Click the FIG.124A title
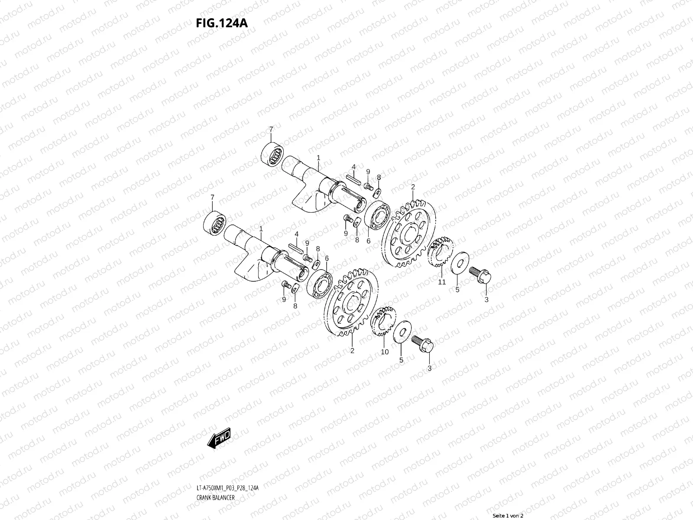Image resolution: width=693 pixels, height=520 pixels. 222,23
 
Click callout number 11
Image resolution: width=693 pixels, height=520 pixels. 441,282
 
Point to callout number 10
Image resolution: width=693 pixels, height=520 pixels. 385,352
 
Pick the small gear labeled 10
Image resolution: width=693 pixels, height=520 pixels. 383,322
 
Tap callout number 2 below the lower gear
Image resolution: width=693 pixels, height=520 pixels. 352,351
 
